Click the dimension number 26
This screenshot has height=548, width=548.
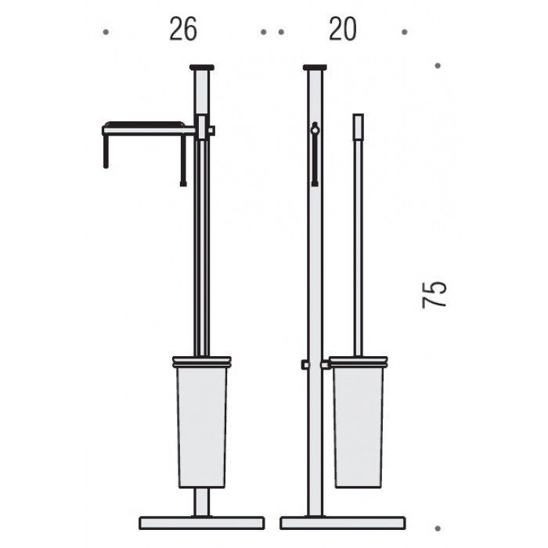183,30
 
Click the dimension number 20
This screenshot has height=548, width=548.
343,30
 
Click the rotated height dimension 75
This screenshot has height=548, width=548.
434,294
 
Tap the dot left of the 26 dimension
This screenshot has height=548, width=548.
106,32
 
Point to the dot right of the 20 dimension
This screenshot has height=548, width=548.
405,32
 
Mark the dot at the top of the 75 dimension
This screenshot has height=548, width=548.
438,66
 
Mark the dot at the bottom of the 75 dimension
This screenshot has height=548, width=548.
438,528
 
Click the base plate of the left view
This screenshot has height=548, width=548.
202,523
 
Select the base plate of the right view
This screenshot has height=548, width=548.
343,523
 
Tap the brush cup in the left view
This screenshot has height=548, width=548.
202,427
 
